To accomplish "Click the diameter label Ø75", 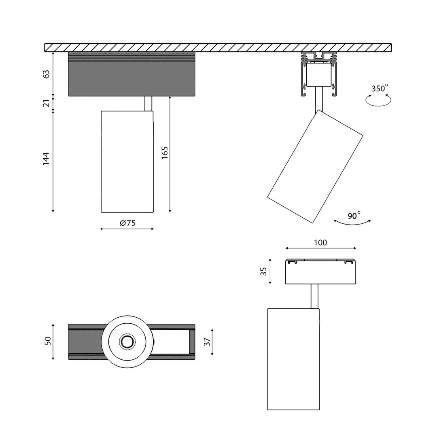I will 127,223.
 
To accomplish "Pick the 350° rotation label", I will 380,88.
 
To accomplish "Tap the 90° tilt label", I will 354,216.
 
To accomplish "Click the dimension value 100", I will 320,243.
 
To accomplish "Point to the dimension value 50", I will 48,341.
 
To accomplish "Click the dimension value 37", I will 207,342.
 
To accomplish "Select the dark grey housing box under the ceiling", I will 132,77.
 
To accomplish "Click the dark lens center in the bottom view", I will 127,342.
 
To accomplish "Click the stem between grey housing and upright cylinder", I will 148,103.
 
